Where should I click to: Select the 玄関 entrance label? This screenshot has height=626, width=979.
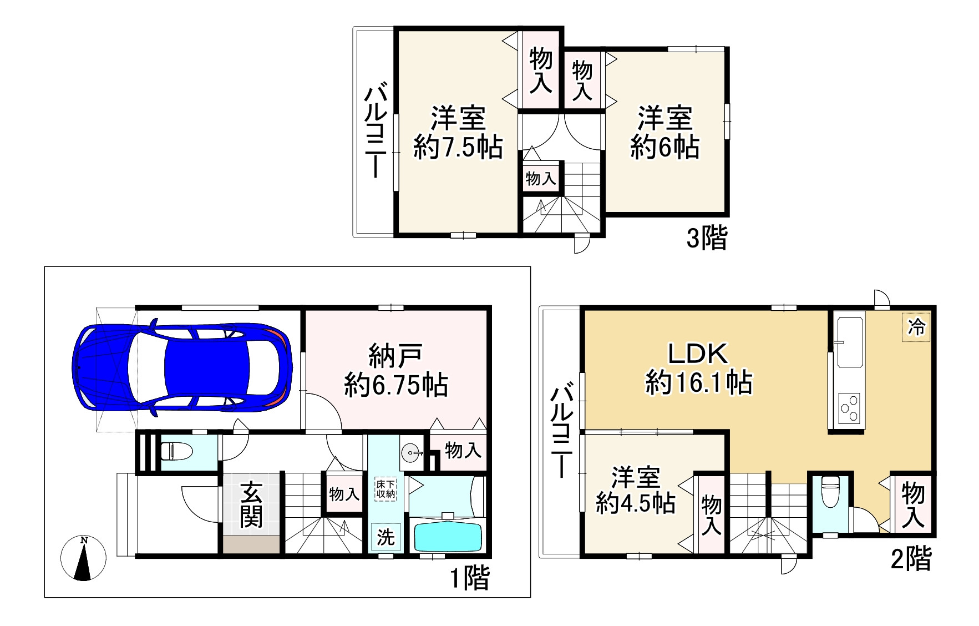(251, 504)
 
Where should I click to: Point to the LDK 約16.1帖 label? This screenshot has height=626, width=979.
(698, 368)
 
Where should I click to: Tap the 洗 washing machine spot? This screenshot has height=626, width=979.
(385, 537)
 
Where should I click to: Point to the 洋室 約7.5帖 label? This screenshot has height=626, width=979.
(458, 133)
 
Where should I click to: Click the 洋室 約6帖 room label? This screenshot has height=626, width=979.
(664, 133)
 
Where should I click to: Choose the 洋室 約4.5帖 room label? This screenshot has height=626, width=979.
(635, 490)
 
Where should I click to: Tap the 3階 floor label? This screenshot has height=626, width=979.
(707, 239)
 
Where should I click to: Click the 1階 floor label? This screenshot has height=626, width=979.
(469, 579)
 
